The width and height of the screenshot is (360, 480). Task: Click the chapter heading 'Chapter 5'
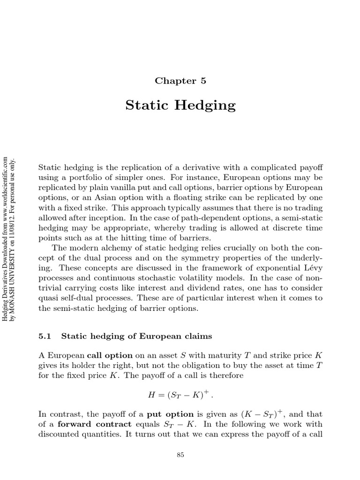pos(180,81)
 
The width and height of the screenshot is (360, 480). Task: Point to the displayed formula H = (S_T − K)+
pos(180,395)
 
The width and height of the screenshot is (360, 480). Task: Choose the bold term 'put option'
pos(170,414)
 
